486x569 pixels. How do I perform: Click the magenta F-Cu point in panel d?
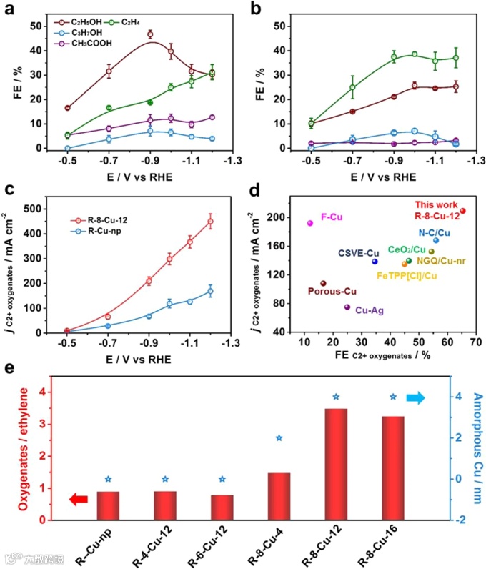pos(310,223)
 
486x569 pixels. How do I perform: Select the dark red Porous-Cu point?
pos(323,283)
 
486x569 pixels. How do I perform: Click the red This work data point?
pos(462,211)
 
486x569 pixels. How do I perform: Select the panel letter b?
pos(261,9)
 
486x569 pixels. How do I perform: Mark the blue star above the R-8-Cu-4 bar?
pos(279,438)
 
